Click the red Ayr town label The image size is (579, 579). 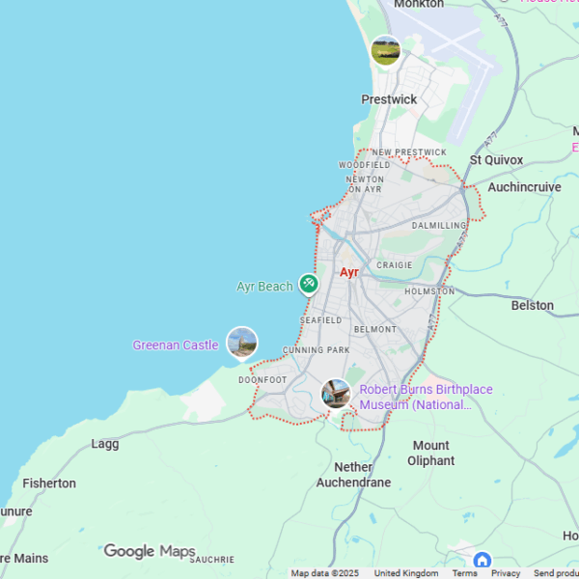pyautogui.click(x=348, y=273)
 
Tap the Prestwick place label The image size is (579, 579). pyautogui.click(x=389, y=99)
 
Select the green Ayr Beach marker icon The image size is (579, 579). pyautogui.click(x=308, y=284)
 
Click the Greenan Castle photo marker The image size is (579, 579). pyautogui.click(x=241, y=343)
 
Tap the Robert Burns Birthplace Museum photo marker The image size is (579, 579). pyautogui.click(x=335, y=393)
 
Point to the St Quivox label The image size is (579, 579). pyautogui.click(x=496, y=160)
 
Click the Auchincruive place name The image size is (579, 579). pyautogui.click(x=524, y=187)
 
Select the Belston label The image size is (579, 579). pyautogui.click(x=532, y=306)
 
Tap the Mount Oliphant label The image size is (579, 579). pyautogui.click(x=430, y=453)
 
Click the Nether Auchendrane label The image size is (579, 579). pyautogui.click(x=355, y=475)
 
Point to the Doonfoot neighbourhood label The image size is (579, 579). pyautogui.click(x=262, y=380)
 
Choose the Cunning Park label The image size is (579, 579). pyautogui.click(x=316, y=349)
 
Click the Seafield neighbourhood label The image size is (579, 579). pyautogui.click(x=320, y=319)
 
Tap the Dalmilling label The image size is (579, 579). pyautogui.click(x=438, y=226)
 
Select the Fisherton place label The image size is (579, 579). pyautogui.click(x=49, y=483)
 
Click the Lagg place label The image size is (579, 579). pyautogui.click(x=104, y=444)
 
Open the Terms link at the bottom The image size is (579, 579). pyautogui.click(x=464, y=573)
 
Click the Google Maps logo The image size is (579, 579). pyautogui.click(x=150, y=552)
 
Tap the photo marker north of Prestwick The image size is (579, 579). pyautogui.click(x=385, y=51)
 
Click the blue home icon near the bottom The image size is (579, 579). pyautogui.click(x=482, y=560)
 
